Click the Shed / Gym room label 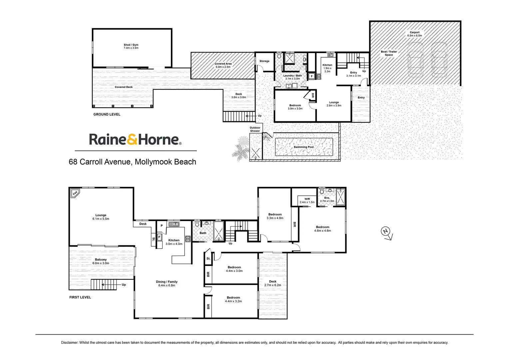point(131,46)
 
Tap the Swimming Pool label point(303,147)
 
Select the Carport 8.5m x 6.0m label point(414,34)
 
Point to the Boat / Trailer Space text point(389,53)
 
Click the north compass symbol point(386,233)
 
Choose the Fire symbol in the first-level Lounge point(75,193)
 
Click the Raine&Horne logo point(135,139)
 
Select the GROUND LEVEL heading point(107,114)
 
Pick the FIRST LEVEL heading point(80,297)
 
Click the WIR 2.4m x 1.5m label point(307,201)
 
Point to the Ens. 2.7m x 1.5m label point(327,199)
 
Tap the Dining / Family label point(167,284)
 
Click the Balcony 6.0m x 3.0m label point(101,261)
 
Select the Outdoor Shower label point(255,129)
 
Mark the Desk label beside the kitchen point(143,224)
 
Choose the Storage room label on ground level point(264,61)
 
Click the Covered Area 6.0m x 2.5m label point(223,65)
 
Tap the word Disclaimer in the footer point(69,343)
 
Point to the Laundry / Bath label point(292,77)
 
